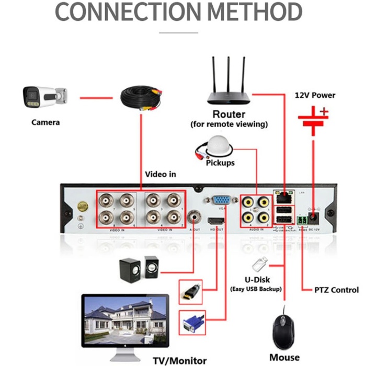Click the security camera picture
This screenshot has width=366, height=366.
click(44, 98)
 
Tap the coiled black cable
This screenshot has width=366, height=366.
click(141, 99)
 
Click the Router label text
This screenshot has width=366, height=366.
click(228, 114)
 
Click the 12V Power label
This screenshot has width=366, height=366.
click(314, 95)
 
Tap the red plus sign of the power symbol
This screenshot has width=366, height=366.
click(324, 111)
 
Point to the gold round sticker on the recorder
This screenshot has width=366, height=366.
click(82, 207)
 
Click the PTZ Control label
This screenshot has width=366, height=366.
click(336, 290)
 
